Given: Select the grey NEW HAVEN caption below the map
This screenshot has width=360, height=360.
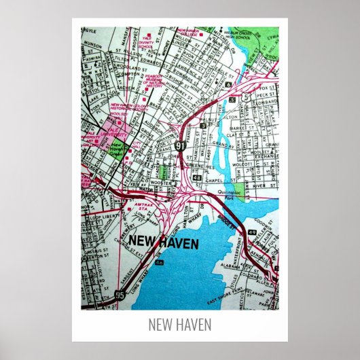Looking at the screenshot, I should (180, 325).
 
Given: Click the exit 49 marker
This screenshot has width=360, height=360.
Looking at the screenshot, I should (252, 232).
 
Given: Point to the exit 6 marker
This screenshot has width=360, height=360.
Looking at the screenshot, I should (230, 84).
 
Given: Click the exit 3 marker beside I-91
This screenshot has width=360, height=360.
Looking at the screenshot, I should (203, 125).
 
